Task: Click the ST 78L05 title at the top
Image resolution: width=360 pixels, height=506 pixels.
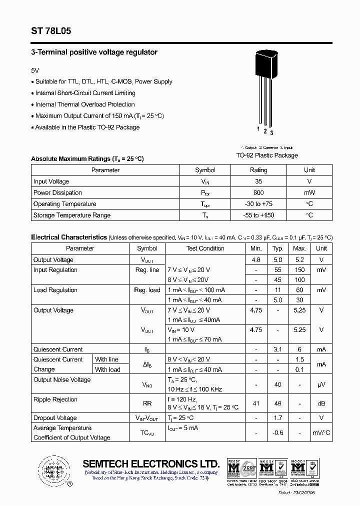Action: click(51, 31)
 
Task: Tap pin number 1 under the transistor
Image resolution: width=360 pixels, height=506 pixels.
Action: click(258, 130)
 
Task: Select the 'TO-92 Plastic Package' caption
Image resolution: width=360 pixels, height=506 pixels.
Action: click(266, 155)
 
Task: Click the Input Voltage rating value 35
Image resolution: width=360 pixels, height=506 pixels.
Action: click(258, 181)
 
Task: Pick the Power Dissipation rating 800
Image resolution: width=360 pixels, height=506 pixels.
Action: click(258, 192)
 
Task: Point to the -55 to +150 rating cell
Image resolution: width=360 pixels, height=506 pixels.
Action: click(258, 215)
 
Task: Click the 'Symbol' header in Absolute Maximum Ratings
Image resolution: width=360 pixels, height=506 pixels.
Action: click(205, 170)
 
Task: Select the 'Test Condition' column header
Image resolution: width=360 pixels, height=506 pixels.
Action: click(205, 248)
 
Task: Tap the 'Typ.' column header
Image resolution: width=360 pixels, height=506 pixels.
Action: click(278, 248)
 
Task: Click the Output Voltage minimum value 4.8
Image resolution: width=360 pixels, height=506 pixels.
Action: click(256, 259)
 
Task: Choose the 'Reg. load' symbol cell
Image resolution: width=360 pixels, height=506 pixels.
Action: click(147, 290)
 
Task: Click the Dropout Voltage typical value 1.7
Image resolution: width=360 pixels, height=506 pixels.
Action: click(278, 418)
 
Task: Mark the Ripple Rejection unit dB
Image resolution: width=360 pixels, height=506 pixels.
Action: click(321, 403)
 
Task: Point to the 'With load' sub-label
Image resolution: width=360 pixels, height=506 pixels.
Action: click(107, 369)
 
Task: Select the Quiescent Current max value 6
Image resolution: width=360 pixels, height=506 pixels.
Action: click(299, 349)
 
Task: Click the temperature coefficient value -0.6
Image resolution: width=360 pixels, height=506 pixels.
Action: click(278, 433)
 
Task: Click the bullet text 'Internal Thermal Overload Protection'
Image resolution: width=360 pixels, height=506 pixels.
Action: click(85, 104)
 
